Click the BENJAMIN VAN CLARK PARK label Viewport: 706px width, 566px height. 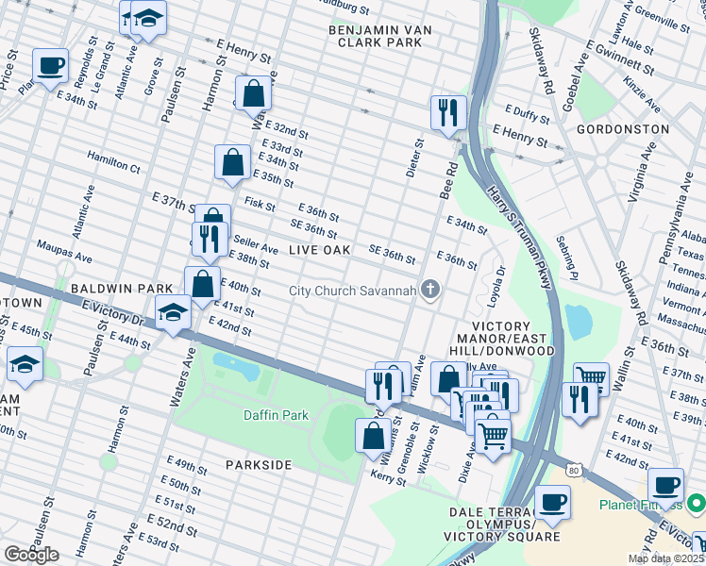click(380, 37)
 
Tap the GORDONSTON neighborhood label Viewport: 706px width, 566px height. click(622, 129)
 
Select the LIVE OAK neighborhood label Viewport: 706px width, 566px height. click(319, 250)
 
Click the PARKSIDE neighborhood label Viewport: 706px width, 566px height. click(259, 465)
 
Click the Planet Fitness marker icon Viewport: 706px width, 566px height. click(697, 504)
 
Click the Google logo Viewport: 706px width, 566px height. click(31, 555)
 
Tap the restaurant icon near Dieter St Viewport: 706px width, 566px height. click(447, 112)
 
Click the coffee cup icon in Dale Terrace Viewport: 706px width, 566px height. click(552, 502)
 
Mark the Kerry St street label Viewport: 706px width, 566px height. click(388, 480)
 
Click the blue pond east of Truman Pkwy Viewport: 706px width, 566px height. click(576, 323)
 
